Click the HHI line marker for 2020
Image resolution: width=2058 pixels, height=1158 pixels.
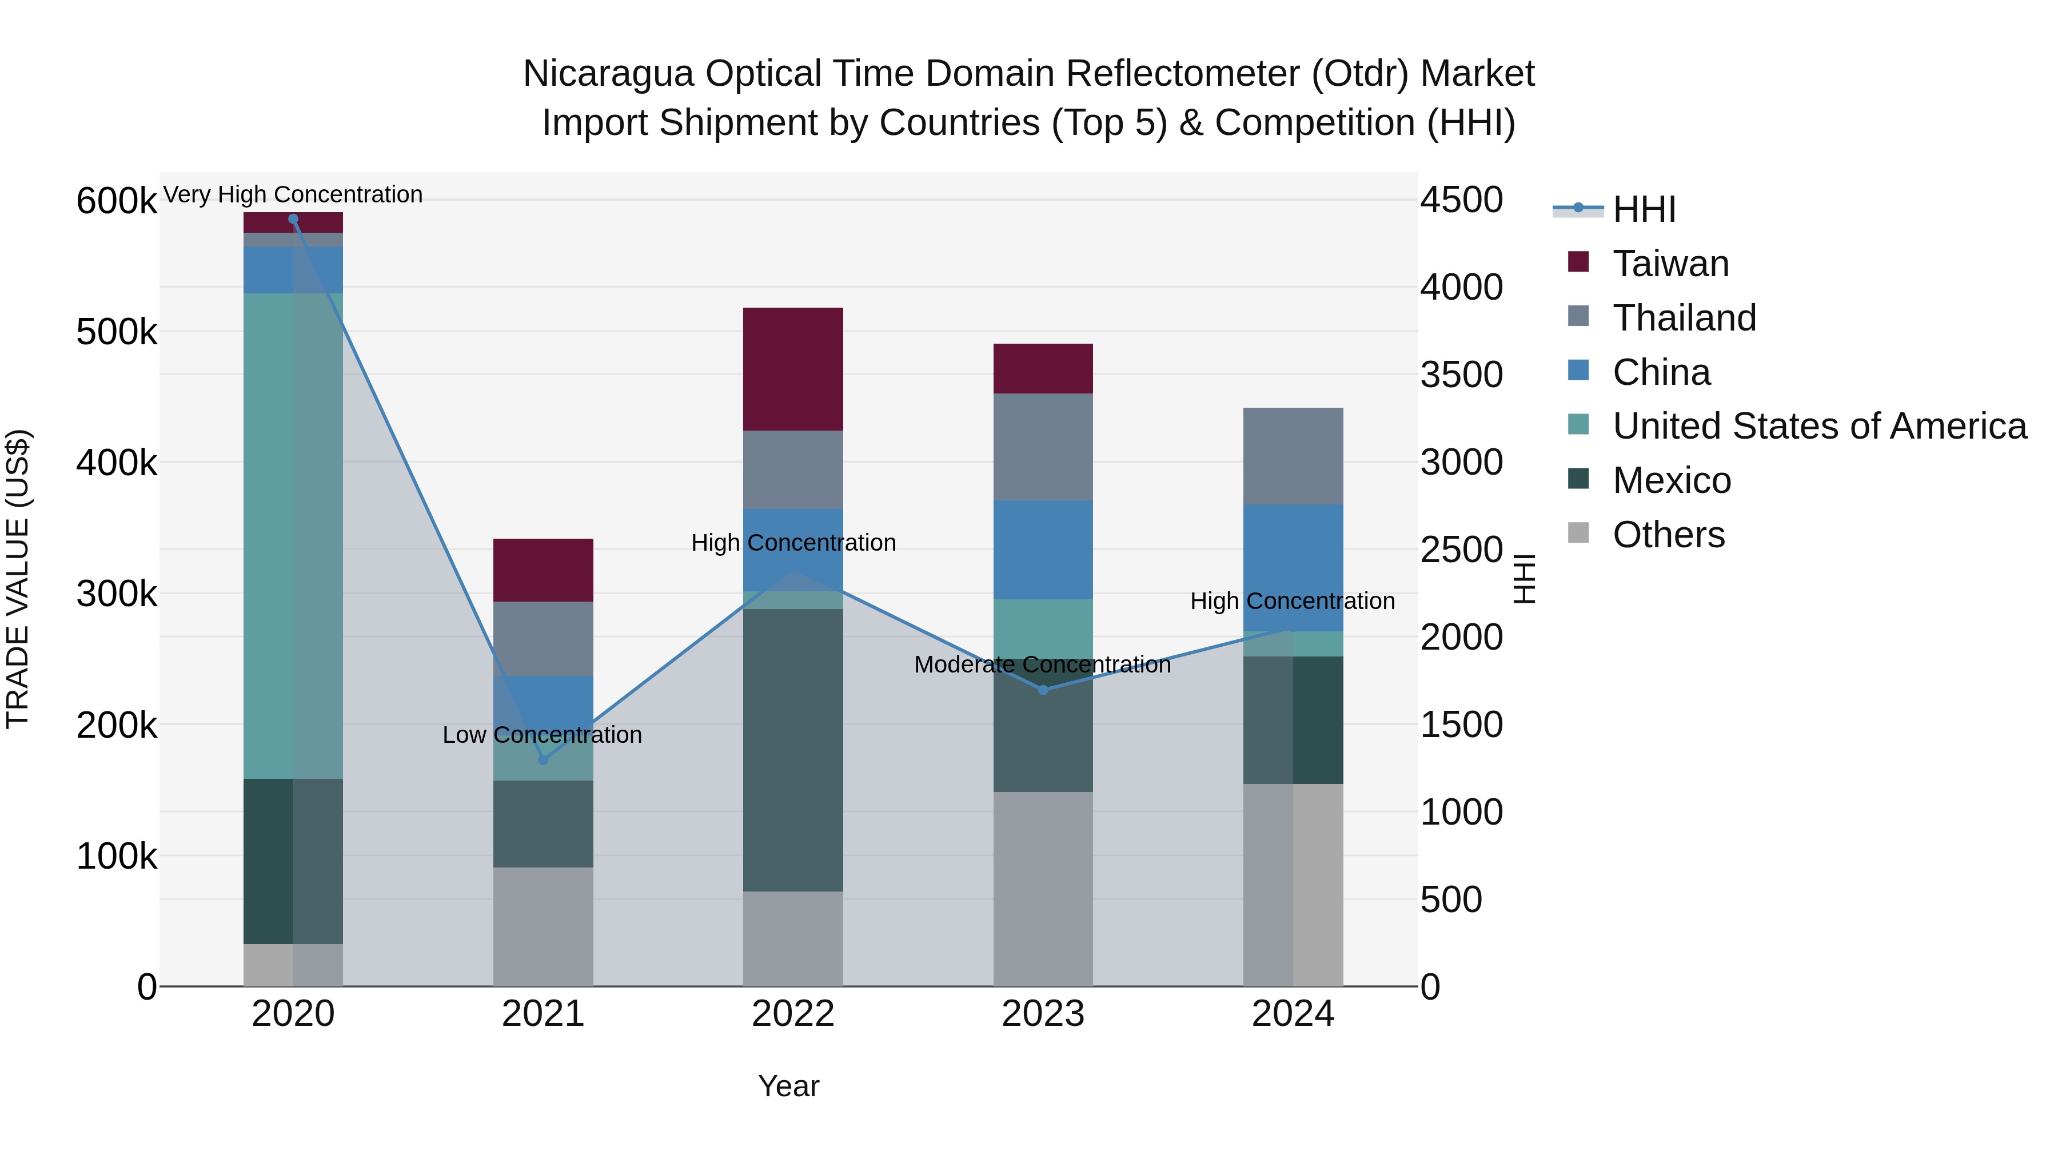pos(293,219)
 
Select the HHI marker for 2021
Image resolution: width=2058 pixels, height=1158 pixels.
pos(543,760)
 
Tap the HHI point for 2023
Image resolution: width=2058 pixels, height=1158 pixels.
pos(1043,690)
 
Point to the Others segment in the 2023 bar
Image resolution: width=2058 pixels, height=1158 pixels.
pos(1043,889)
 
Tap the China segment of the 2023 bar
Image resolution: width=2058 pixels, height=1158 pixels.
pos(1043,550)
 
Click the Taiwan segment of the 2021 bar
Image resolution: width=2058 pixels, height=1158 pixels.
pos(543,570)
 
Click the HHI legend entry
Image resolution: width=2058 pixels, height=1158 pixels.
pos(1644,209)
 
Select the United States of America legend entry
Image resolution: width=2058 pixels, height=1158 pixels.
pos(1818,426)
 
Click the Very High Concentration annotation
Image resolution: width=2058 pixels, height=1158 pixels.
pos(293,195)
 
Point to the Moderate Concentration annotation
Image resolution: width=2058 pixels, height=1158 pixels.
pos(1043,665)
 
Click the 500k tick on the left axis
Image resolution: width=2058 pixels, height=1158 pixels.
pos(117,332)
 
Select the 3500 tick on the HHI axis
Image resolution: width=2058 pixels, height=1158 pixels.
pos(1461,375)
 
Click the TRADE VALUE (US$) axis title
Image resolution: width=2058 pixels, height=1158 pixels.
pos(18,579)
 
